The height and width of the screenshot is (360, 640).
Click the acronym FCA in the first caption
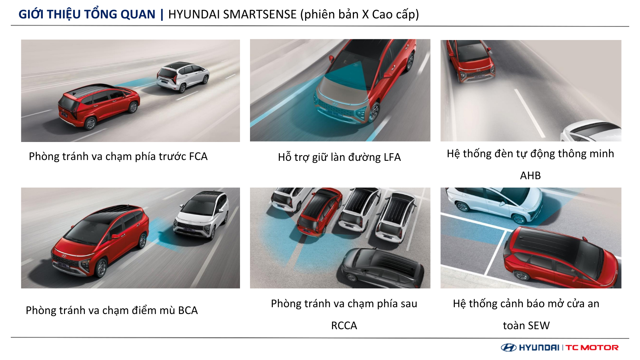198,156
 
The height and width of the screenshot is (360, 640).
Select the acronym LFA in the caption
392,157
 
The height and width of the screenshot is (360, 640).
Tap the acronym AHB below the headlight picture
530,176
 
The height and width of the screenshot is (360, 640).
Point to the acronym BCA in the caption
188,310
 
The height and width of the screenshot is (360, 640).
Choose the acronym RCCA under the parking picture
344,326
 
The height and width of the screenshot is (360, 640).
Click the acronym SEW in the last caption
538,326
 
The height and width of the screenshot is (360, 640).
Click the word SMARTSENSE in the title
260,14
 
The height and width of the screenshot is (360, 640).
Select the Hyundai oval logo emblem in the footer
508,348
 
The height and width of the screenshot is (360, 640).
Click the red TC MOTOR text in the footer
592,348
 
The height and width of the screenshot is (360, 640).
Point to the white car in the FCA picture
183,76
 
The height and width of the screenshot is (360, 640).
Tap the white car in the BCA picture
202,215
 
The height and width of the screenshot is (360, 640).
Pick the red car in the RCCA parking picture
320,212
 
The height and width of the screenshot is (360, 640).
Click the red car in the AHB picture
470,60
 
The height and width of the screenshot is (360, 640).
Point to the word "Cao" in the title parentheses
383,14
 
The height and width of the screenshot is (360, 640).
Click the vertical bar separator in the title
162,14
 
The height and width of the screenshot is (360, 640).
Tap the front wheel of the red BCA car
101,268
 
